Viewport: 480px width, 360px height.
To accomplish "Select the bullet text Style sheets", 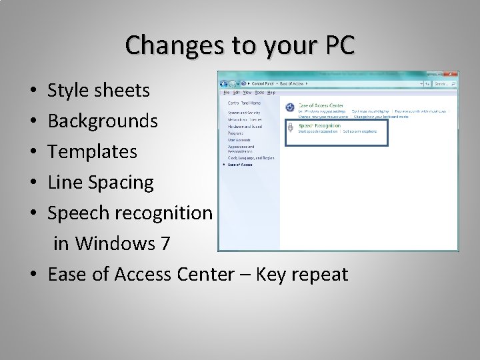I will tap(99, 90).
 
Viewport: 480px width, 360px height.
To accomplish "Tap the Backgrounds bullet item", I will tap(103, 121).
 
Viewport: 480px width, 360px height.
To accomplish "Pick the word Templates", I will tap(92, 151).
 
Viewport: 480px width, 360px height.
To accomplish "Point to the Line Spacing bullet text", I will tap(101, 182).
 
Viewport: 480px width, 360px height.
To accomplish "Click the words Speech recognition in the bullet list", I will tap(130, 213).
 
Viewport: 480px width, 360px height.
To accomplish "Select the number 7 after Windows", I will tap(165, 243).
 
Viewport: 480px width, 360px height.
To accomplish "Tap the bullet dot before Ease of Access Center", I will tap(33, 275).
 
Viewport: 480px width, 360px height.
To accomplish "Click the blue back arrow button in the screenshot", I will tap(224, 84).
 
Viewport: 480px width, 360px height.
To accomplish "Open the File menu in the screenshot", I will tap(227, 93).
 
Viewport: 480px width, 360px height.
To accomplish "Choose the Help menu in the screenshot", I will tap(271, 93).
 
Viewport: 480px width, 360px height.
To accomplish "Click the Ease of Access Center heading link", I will tap(321, 105).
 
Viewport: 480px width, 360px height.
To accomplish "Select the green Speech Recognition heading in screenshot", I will tap(319, 125).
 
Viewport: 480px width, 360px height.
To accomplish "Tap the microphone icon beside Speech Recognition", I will tap(291, 128).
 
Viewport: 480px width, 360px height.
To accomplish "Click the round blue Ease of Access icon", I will tap(291, 107).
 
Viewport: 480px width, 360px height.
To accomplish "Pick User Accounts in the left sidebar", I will tap(239, 140).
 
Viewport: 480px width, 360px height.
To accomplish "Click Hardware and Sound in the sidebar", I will tap(245, 126).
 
